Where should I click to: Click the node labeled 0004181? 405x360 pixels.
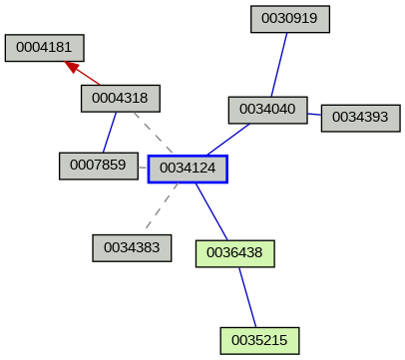[x=44, y=48]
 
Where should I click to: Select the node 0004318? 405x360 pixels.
[x=120, y=98]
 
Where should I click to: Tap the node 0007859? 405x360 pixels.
[x=99, y=165]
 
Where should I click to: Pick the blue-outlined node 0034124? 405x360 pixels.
[x=188, y=170]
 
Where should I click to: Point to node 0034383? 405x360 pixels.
[x=132, y=247]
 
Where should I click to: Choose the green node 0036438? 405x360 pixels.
[x=234, y=253]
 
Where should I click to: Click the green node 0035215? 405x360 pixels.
[x=259, y=340]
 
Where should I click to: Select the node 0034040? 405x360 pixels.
[x=267, y=110]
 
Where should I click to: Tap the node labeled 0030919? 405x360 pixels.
[x=289, y=19]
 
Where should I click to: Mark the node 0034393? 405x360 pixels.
[x=360, y=117]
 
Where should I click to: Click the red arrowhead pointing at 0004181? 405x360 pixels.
[x=71, y=66]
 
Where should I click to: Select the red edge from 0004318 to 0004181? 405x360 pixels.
[x=88, y=77]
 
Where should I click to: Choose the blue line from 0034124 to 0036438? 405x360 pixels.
[x=211, y=211]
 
